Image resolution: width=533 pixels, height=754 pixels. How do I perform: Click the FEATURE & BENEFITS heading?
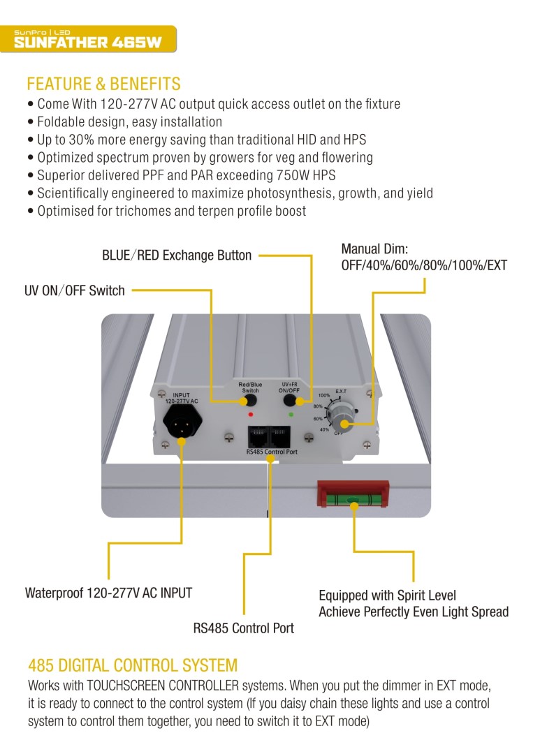103,84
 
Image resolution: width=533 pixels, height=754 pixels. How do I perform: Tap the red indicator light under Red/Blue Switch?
251,415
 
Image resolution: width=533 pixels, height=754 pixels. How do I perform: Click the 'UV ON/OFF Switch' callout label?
75,290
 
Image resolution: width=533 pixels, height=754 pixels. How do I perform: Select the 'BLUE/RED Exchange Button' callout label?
177,256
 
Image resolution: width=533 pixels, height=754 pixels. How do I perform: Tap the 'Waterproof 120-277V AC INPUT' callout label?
108,593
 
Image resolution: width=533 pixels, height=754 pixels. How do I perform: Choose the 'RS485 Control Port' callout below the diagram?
244,628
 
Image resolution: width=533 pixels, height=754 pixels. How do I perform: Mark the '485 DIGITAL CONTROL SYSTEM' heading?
133,665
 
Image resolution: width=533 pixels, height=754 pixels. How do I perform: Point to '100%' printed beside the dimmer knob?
324,395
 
